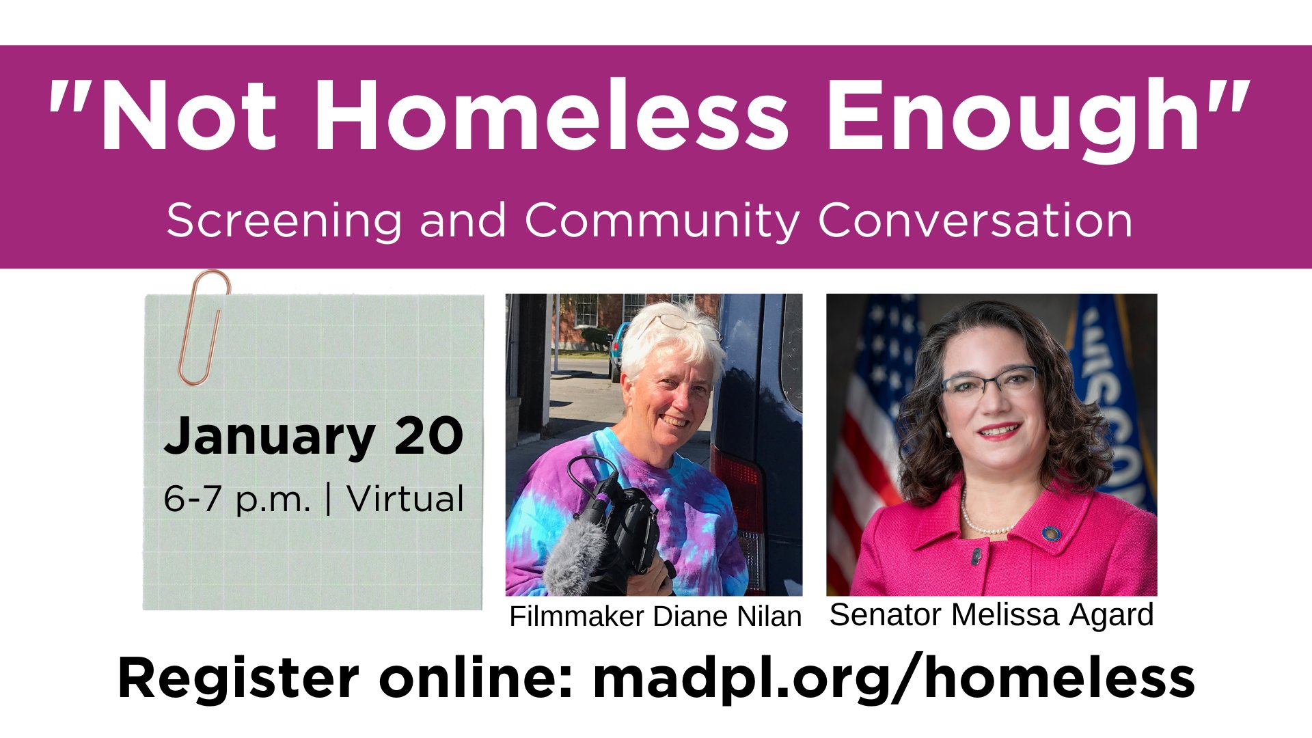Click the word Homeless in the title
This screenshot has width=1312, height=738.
(551, 115)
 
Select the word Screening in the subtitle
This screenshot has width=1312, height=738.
(284, 221)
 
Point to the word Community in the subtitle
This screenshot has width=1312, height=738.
(661, 221)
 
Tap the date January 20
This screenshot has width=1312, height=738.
(314, 437)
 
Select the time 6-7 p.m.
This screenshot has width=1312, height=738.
(237, 499)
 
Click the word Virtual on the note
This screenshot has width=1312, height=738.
(405, 498)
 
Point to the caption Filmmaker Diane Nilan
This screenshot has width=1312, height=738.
(655, 616)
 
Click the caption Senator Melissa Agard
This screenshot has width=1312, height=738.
(992, 614)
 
